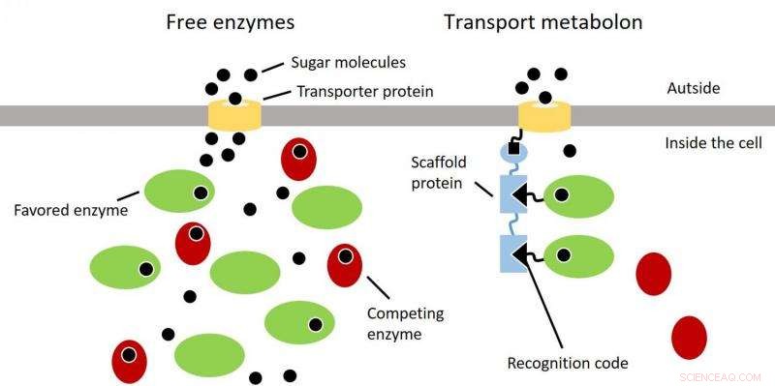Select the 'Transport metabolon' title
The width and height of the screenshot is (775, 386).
click(542, 21)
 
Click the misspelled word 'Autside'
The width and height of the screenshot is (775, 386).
click(695, 89)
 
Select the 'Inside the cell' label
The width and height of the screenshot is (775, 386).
click(712, 143)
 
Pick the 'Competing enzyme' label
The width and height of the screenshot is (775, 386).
click(406, 323)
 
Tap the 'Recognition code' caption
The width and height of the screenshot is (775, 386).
click(568, 363)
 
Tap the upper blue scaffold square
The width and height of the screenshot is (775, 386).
click(511, 194)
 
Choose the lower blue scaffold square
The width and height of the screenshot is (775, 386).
click(511, 253)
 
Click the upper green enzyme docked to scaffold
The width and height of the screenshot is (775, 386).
click(578, 196)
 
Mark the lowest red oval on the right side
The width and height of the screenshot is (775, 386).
click(689, 337)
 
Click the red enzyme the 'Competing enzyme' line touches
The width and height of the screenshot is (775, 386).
click(344, 266)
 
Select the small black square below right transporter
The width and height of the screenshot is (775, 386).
click(512, 134)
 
